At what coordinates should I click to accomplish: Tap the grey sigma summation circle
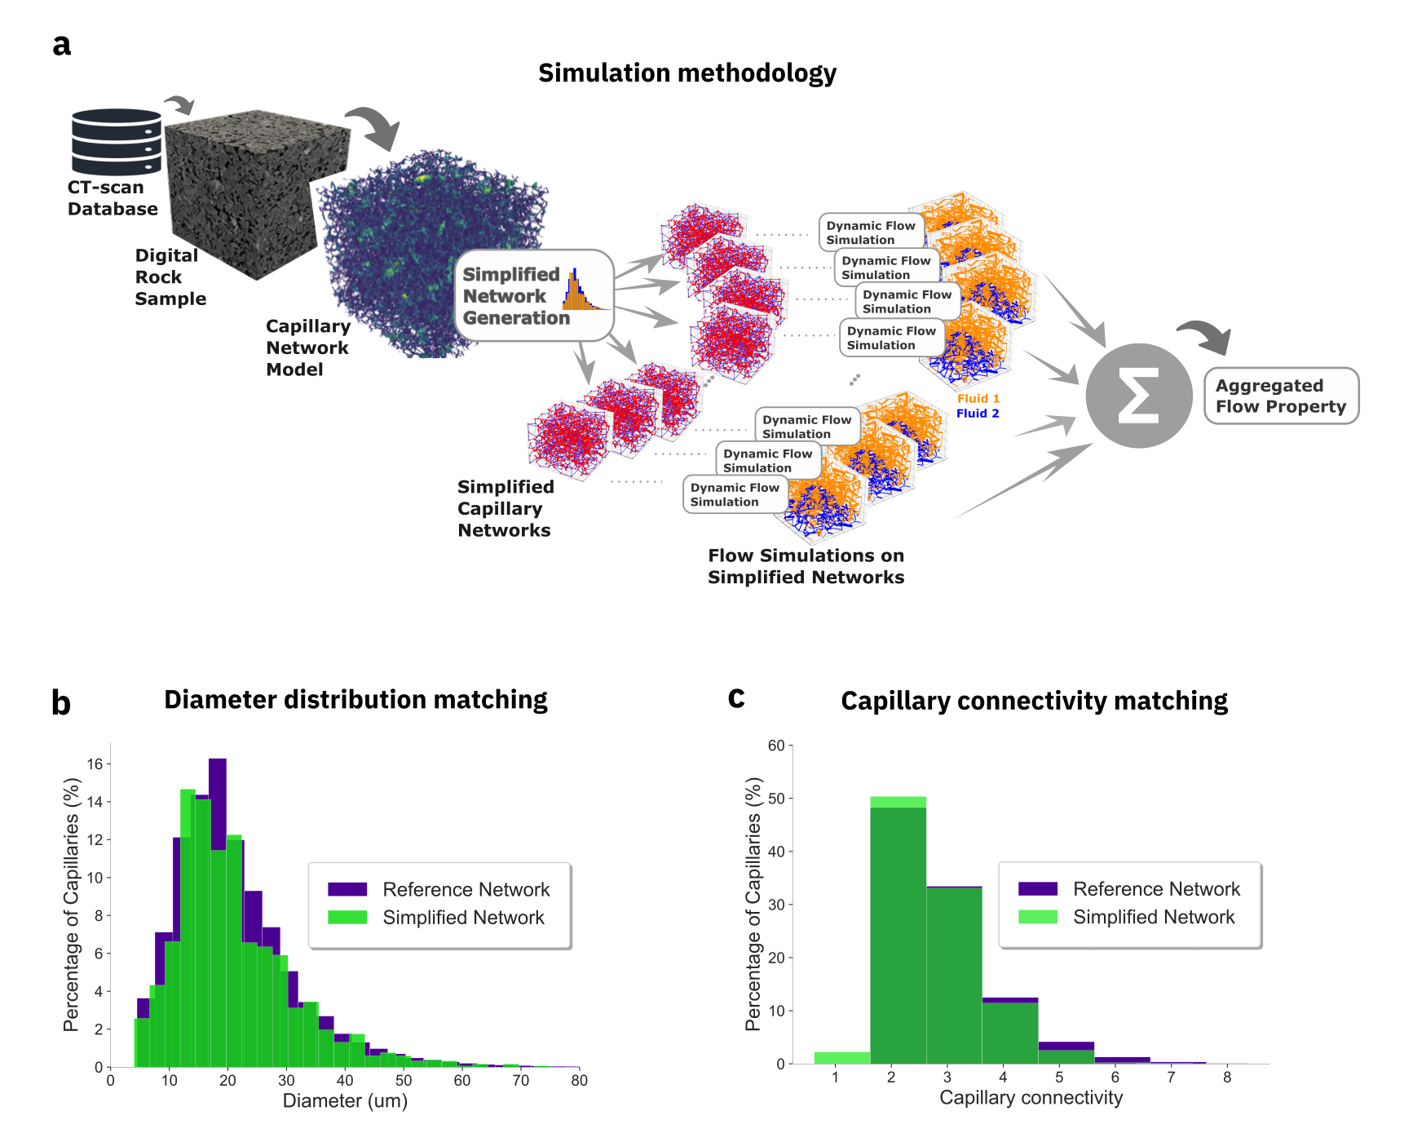[1138, 396]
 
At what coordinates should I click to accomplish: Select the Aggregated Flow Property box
[1281, 396]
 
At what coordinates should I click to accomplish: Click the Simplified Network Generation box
[533, 295]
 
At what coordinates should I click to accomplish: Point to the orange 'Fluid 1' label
[978, 399]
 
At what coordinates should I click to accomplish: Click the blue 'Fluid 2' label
[977, 414]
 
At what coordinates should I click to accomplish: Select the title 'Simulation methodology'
[687, 73]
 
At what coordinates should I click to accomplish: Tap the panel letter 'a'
[61, 45]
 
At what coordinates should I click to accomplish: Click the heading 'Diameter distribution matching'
[355, 700]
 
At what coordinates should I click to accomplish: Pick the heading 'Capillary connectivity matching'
[1034, 702]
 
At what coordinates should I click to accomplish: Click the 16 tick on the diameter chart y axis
[95, 764]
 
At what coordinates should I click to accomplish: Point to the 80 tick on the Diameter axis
[579, 1081]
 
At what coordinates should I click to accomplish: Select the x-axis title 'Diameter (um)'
[345, 1101]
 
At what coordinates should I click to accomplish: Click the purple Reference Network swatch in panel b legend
[347, 889]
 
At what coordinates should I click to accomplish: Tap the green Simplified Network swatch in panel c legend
[1037, 917]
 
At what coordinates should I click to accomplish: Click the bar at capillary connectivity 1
[841, 1058]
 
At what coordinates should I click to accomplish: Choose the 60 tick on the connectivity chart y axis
[776, 746]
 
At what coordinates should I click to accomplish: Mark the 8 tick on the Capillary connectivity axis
[1227, 1078]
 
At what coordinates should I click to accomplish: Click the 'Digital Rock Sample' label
[170, 277]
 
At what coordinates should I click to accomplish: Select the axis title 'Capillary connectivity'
[1031, 1098]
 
